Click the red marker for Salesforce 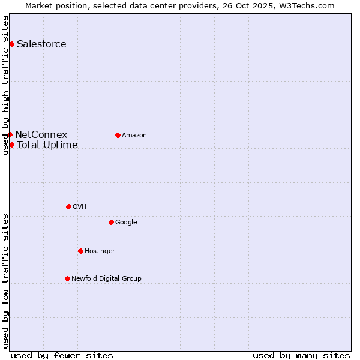[11, 44]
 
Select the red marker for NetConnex [10, 134]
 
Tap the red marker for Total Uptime [11, 145]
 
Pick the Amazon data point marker [118, 135]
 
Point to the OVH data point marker [68, 206]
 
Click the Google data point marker [111, 222]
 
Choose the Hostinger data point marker [80, 251]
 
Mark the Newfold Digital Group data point [67, 278]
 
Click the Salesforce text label [41, 44]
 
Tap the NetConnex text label [41, 134]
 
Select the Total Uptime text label [47, 145]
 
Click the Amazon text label [134, 135]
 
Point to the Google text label [126, 222]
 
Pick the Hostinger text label [100, 251]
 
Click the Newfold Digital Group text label [106, 278]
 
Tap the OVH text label [80, 206]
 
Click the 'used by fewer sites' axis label [62, 355]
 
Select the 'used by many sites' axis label [301, 355]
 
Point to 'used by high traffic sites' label [5, 85]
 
